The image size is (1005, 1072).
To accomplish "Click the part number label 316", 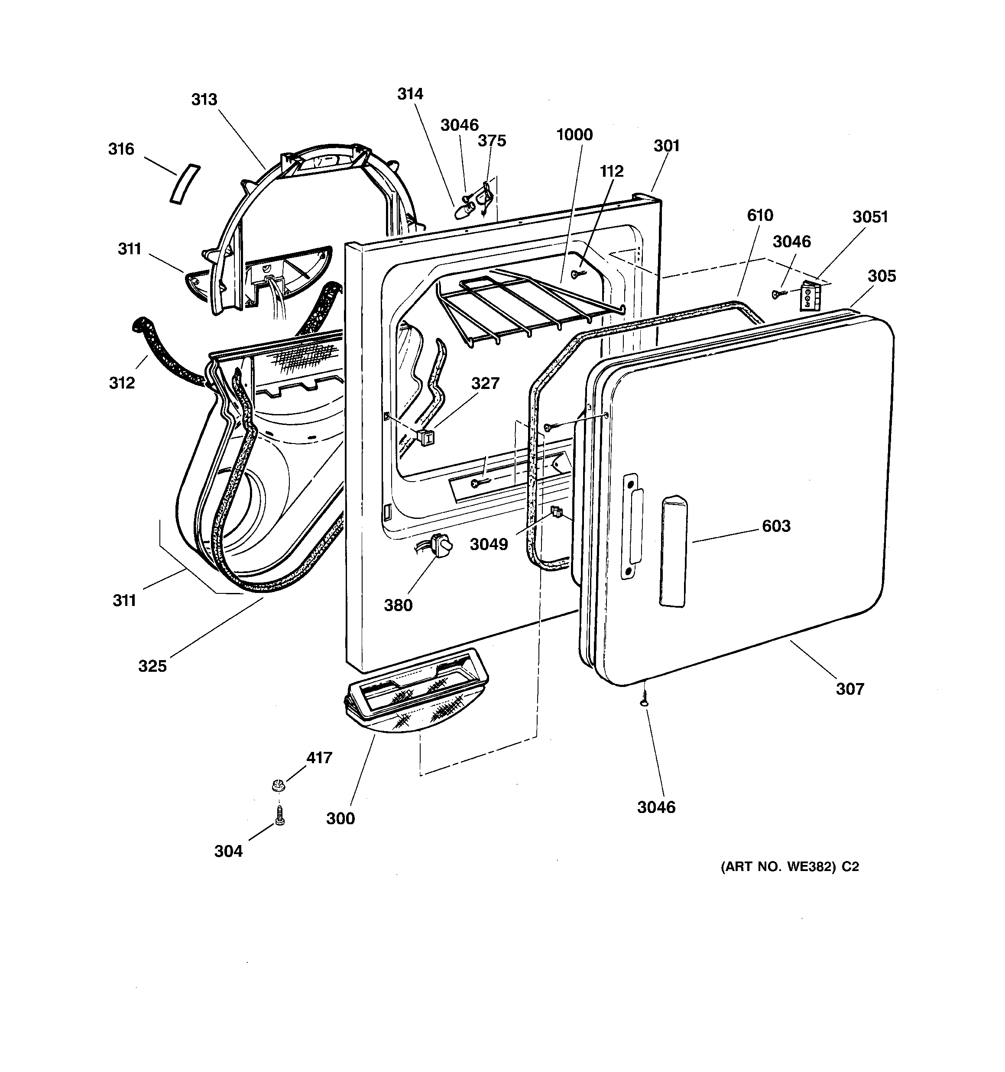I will (x=121, y=149).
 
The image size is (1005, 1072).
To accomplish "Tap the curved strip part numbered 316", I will (x=185, y=184).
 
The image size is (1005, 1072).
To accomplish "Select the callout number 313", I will (x=204, y=99).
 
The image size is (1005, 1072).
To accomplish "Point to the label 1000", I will (x=574, y=134).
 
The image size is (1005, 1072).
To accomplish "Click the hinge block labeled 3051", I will (x=809, y=296).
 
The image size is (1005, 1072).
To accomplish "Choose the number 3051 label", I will (x=869, y=217).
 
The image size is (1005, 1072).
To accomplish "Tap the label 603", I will (x=776, y=526).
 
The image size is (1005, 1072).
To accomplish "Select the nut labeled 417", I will (x=279, y=785).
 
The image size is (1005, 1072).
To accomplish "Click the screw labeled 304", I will (x=279, y=815).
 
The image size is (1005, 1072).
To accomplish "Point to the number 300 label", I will (x=340, y=819).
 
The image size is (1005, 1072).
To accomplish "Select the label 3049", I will (x=489, y=544).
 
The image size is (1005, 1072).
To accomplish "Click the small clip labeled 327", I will (x=426, y=437).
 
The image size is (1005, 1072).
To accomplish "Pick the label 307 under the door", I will (x=849, y=689).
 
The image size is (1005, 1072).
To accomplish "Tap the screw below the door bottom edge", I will (x=644, y=702).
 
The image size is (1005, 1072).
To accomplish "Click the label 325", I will (x=152, y=666).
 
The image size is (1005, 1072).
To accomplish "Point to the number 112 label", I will (x=611, y=171).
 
